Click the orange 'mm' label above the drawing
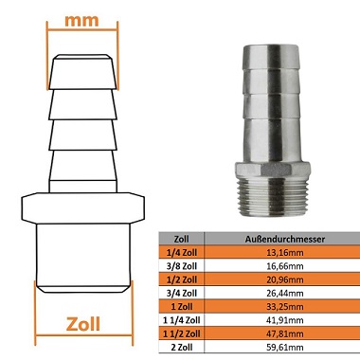81,21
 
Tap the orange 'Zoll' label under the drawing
83,324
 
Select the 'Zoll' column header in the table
182,239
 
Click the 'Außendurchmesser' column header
285,239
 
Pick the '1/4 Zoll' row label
182,253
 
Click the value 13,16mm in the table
285,253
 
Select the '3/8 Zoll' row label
182,266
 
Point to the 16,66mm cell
285,266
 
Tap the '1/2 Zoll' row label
182,279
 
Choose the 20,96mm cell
285,279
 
